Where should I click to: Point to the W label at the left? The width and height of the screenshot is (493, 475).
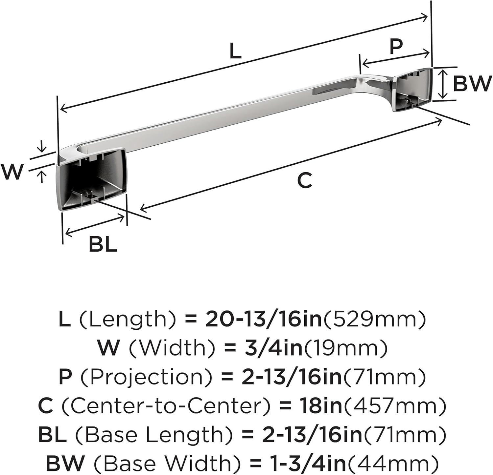click(12, 171)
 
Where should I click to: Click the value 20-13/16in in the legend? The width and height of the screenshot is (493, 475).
click(264, 320)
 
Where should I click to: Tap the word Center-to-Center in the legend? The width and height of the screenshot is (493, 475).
click(166, 406)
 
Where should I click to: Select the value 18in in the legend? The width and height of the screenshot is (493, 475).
click(321, 406)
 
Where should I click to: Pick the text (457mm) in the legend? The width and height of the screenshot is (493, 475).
click(394, 406)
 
